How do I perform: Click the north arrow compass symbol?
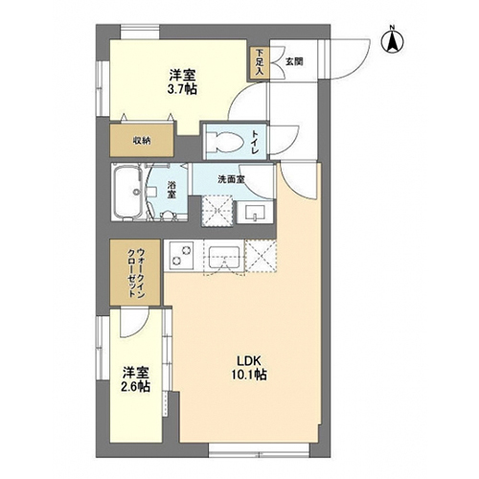click(393, 41)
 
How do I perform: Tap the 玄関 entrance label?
click(294, 62)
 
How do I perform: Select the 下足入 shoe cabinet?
click(260, 62)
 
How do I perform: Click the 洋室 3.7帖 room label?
click(182, 82)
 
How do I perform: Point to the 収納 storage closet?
click(142, 140)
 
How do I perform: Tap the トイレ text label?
click(254, 142)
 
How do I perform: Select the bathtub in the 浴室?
click(128, 193)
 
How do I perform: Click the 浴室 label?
click(172, 190)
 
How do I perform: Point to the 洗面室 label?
click(231, 179)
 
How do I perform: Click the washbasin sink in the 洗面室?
click(255, 213)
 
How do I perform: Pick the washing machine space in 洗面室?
click(217, 211)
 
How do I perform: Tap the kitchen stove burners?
click(180, 256)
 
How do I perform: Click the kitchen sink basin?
click(224, 257)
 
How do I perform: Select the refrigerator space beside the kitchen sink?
click(261, 256)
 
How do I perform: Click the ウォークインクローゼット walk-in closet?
click(135, 272)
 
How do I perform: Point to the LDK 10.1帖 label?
click(249, 368)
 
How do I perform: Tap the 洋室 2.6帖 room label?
click(136, 379)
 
